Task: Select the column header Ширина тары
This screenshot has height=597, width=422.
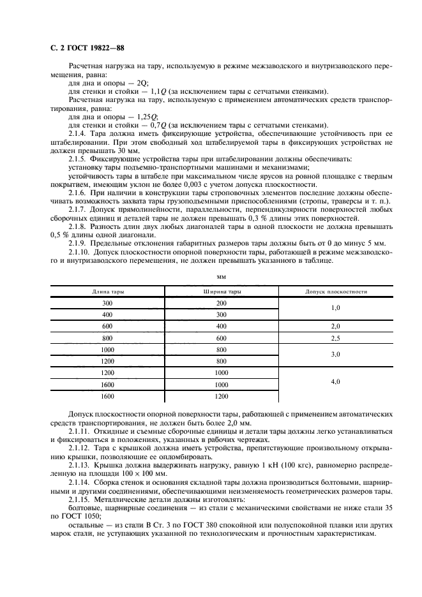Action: (222, 291)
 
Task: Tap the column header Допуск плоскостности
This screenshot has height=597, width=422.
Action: (336, 291)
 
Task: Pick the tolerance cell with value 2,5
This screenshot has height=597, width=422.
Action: (336, 337)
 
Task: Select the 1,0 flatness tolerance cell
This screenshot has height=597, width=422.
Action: (336, 309)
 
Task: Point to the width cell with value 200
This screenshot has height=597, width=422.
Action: (222, 303)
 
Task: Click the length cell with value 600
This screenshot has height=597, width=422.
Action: (107, 326)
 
